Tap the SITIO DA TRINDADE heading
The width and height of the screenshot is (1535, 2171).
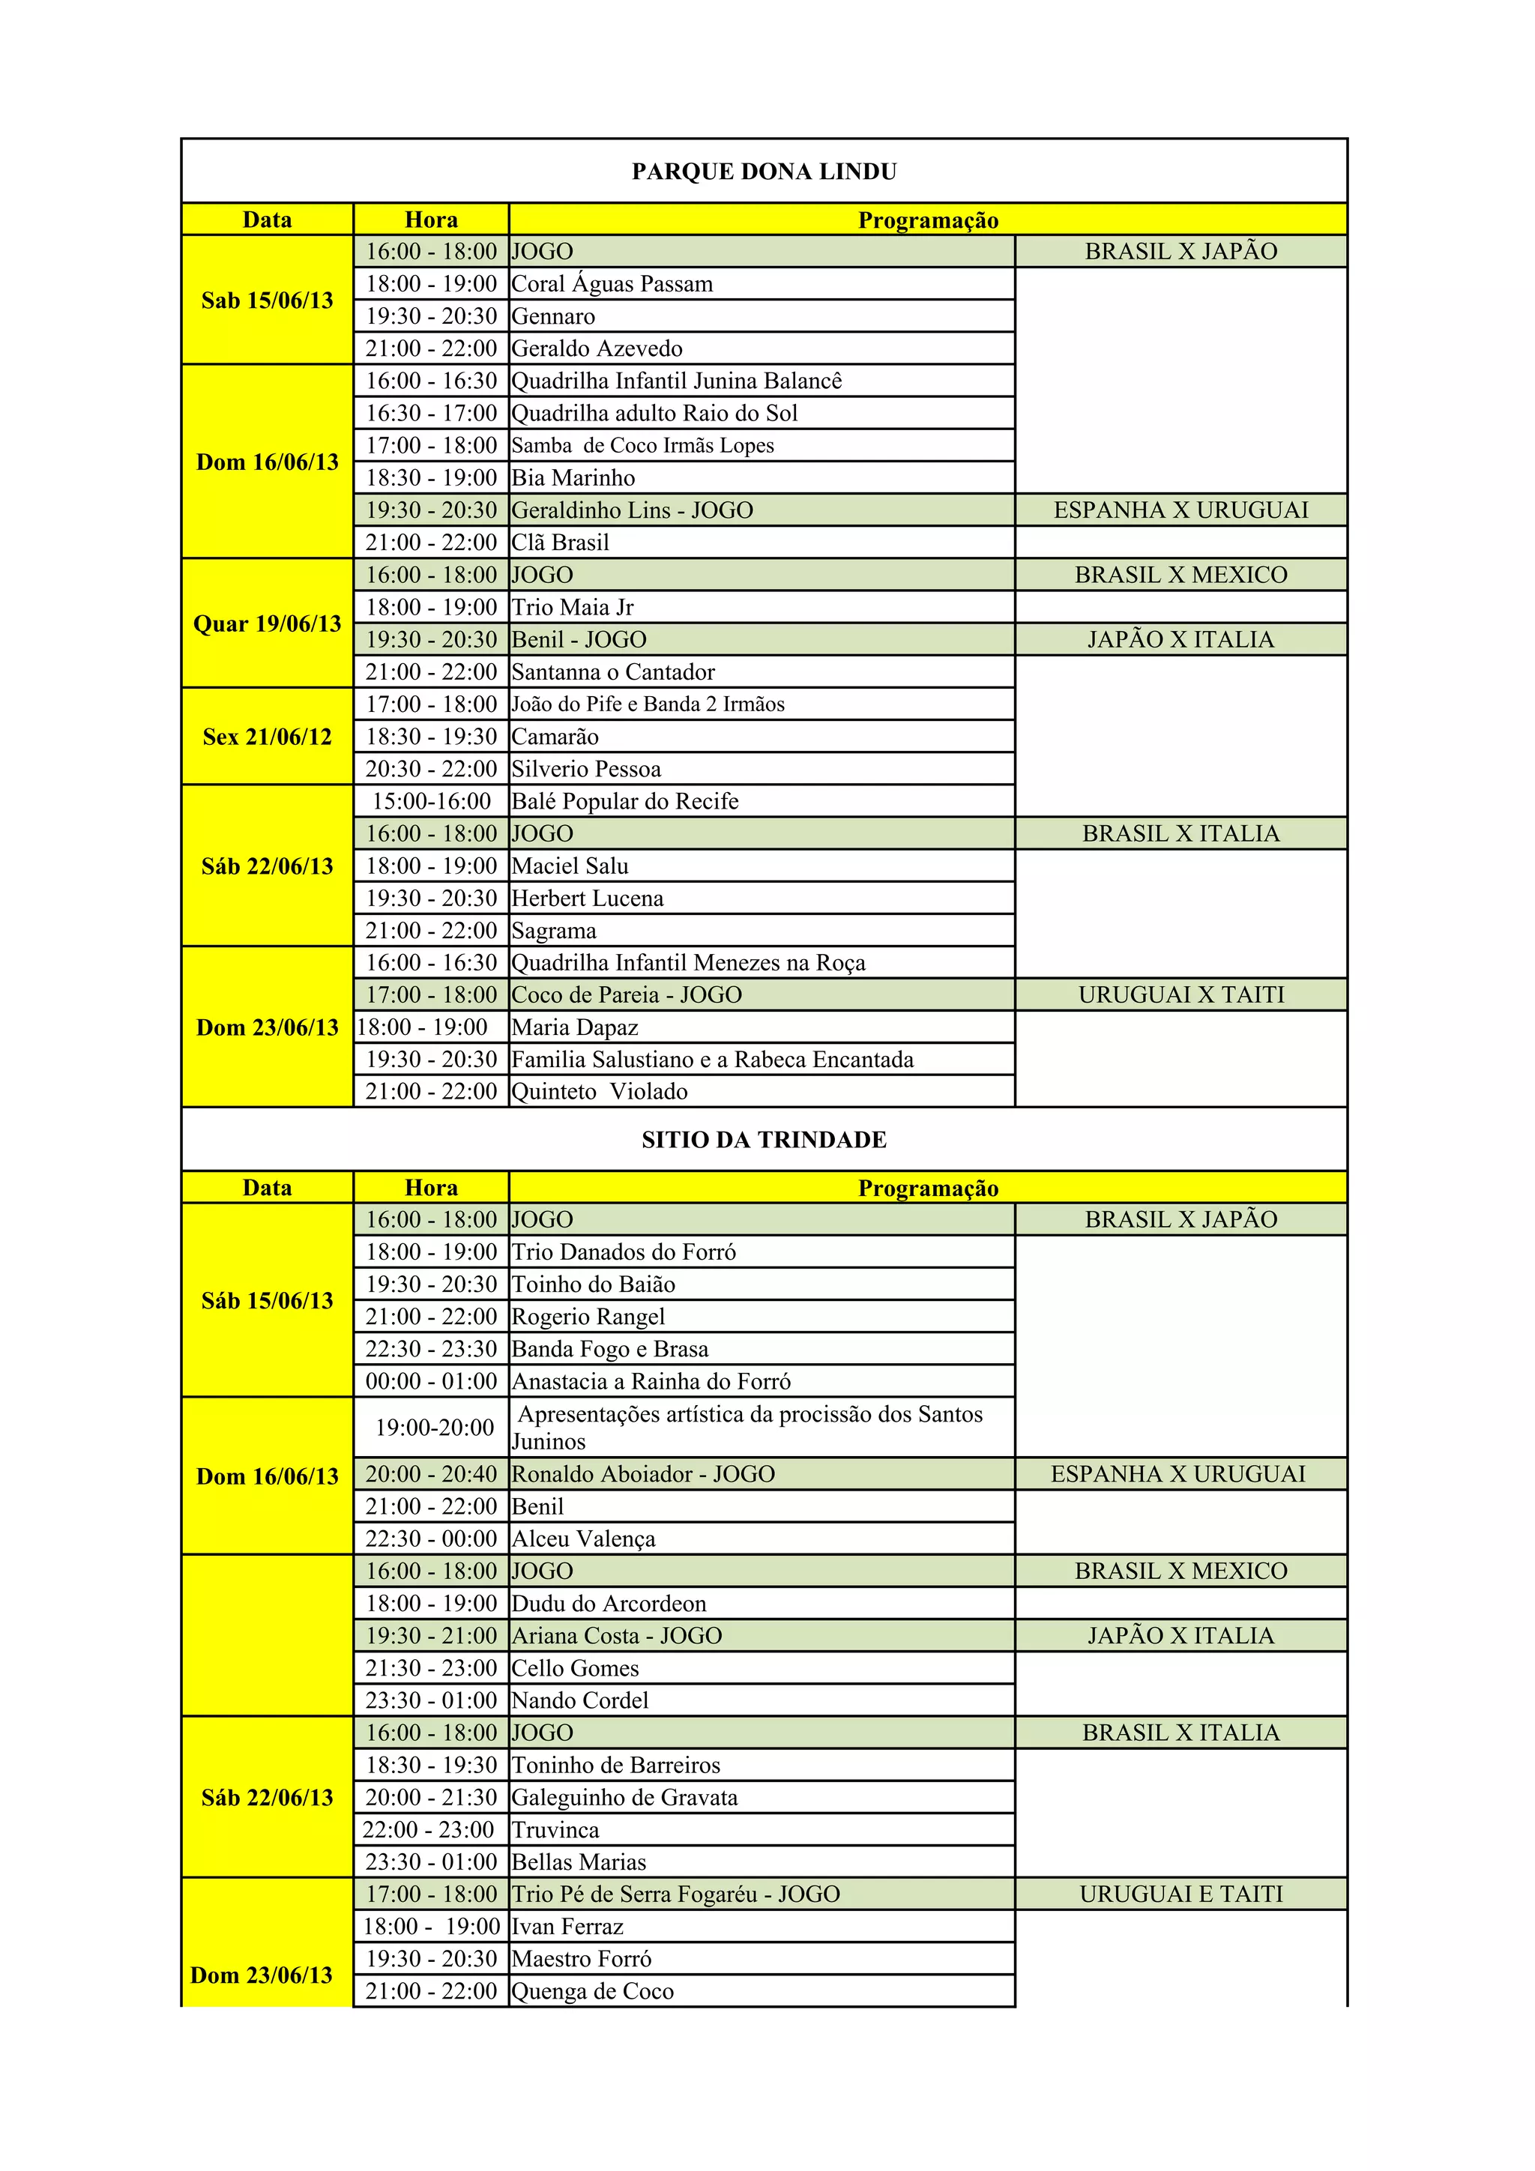pyautogui.click(x=765, y=1139)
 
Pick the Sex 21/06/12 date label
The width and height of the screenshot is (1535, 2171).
pyautogui.click(x=267, y=737)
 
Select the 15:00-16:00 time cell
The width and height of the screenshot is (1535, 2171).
pyautogui.click(x=431, y=802)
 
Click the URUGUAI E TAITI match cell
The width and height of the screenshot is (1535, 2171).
pyautogui.click(x=1181, y=1894)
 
